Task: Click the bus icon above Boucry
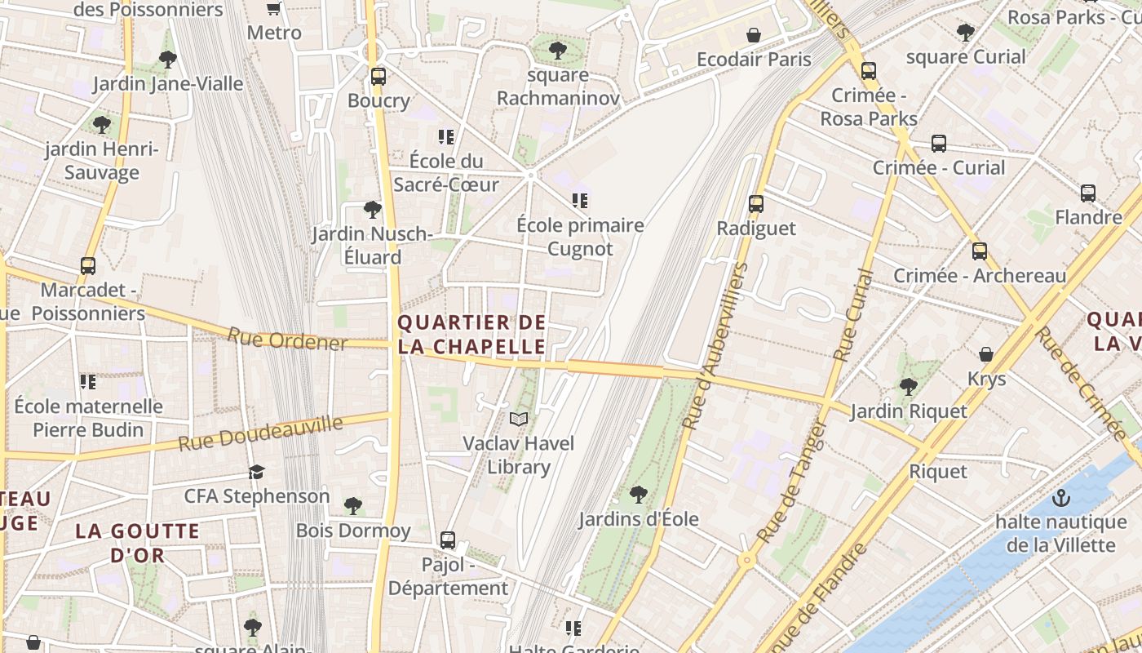click(378, 77)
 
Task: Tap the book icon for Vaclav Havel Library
click(519, 420)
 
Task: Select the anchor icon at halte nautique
click(1060, 497)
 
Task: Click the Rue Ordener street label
click(287, 340)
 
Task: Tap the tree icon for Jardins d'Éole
click(639, 494)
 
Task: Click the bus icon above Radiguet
click(756, 204)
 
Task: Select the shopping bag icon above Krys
click(986, 354)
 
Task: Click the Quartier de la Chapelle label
click(471, 335)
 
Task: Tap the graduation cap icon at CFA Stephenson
click(257, 472)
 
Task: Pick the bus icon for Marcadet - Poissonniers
click(87, 266)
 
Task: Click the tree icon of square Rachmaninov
click(558, 51)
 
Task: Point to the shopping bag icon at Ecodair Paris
click(754, 35)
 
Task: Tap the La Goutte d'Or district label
click(137, 543)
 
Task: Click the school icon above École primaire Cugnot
click(580, 201)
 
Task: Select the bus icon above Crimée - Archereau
click(980, 251)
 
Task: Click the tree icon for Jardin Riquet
click(908, 386)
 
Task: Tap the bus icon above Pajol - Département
click(447, 540)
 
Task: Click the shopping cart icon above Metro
click(274, 9)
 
